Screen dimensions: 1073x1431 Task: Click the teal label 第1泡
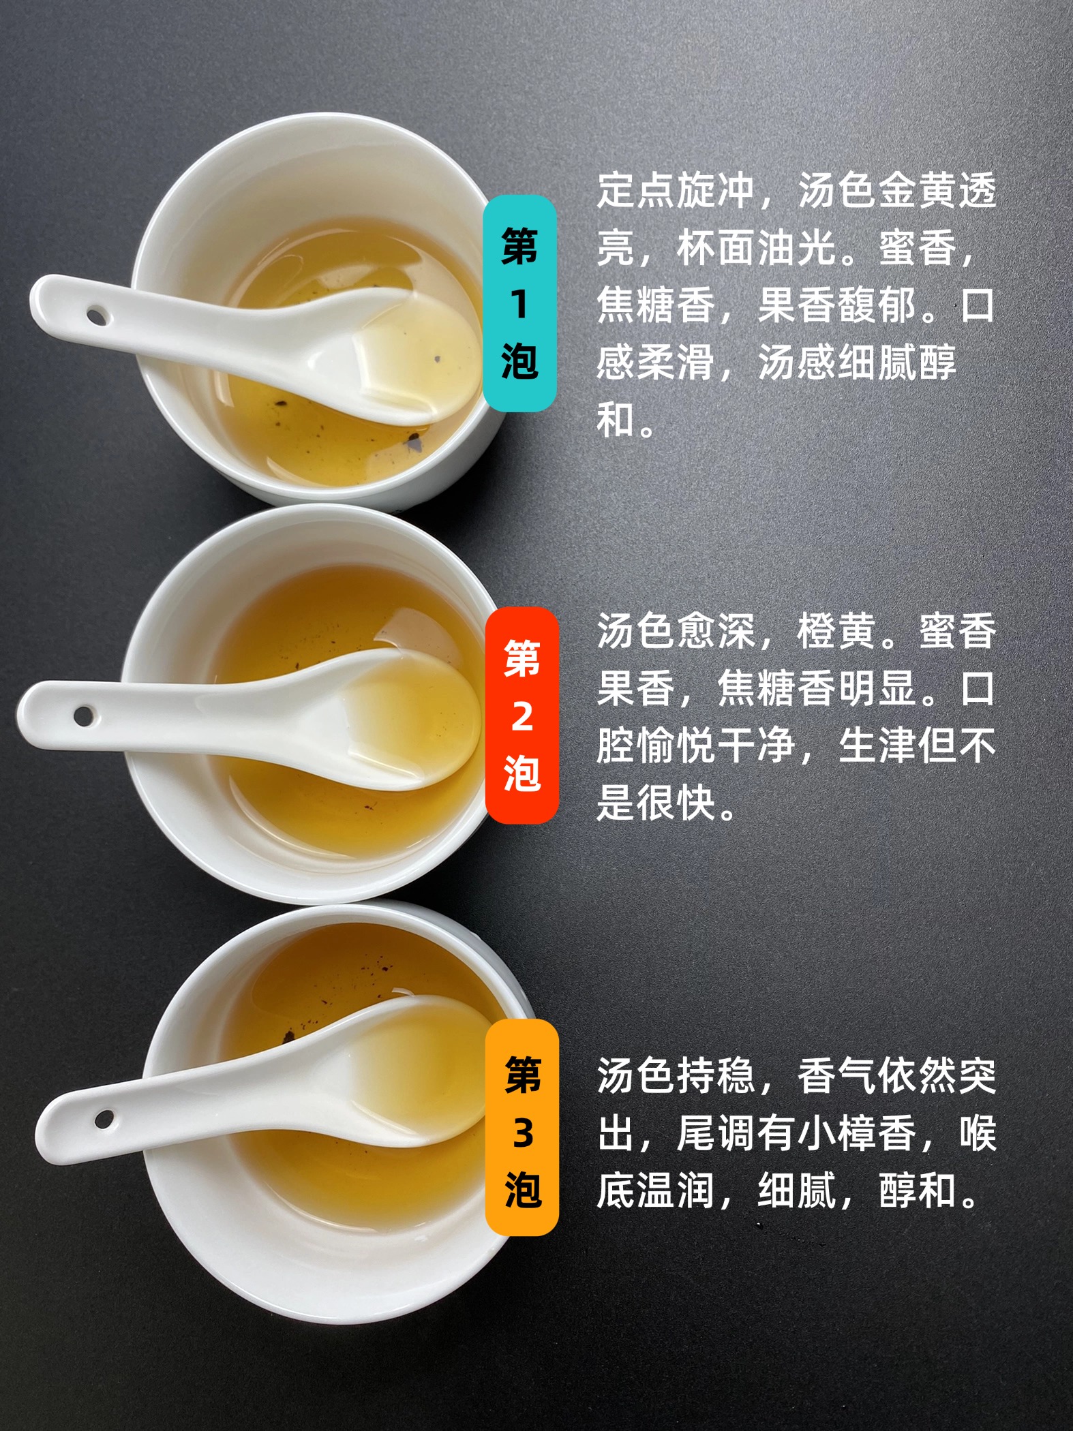click(x=520, y=303)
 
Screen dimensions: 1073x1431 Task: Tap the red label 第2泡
click(x=522, y=715)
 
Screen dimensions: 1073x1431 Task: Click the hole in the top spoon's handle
click(x=96, y=316)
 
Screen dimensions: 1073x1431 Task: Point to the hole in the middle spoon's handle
click(x=84, y=715)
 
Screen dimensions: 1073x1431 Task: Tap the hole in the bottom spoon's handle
click(x=104, y=1118)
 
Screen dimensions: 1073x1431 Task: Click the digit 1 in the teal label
click(x=520, y=304)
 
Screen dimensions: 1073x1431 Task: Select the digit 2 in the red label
click(x=522, y=716)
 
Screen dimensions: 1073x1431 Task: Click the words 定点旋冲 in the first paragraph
click(x=676, y=190)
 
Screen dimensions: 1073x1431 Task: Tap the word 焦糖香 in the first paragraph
click(x=656, y=305)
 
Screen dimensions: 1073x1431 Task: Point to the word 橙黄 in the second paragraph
click(x=836, y=632)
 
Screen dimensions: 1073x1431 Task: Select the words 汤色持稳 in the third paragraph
click(x=676, y=1076)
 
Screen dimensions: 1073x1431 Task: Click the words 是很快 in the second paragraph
click(x=656, y=802)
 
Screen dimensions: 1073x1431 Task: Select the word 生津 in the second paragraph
click(x=876, y=745)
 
